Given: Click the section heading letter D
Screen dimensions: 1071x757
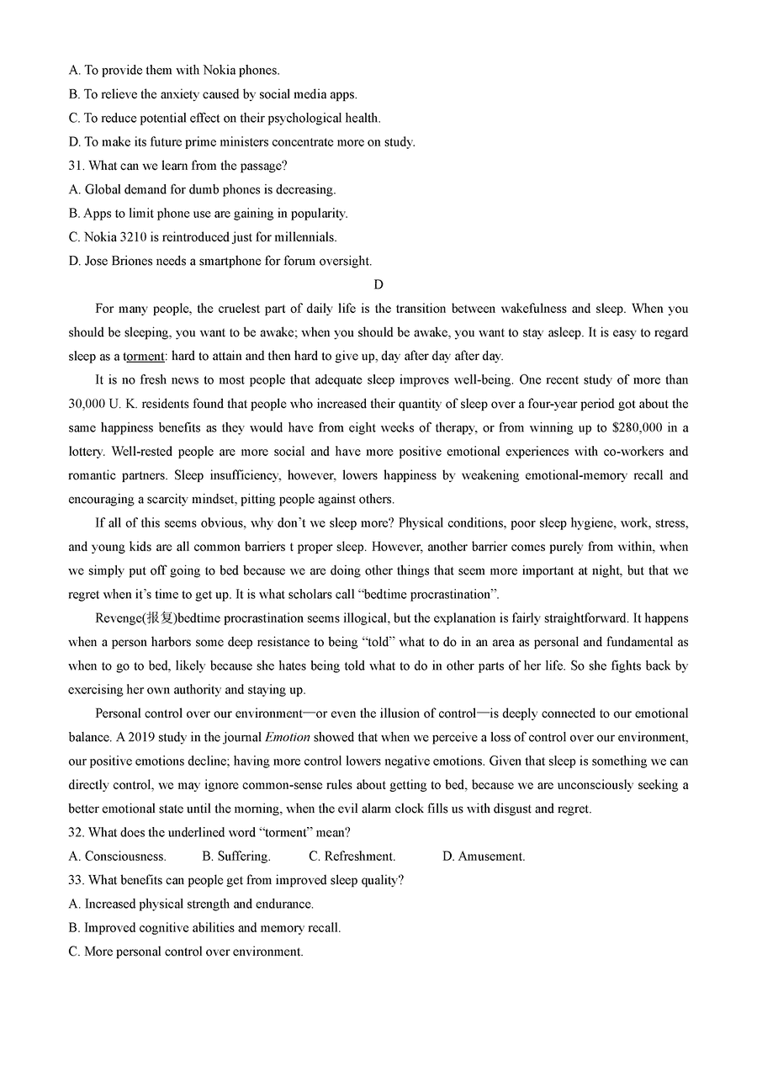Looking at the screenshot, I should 378,285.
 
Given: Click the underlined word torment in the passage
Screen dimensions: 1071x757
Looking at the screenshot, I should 144,357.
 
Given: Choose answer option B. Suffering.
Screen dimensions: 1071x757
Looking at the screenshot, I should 236,856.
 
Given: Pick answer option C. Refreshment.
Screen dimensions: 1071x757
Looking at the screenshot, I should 352,856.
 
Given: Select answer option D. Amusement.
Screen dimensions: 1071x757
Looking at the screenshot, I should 484,856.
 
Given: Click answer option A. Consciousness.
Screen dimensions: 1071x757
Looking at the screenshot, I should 117,856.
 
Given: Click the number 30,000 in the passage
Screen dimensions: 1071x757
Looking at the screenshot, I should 87,405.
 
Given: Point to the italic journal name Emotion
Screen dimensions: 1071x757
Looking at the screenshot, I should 288,738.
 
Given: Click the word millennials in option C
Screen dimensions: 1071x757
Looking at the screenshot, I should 305,237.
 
